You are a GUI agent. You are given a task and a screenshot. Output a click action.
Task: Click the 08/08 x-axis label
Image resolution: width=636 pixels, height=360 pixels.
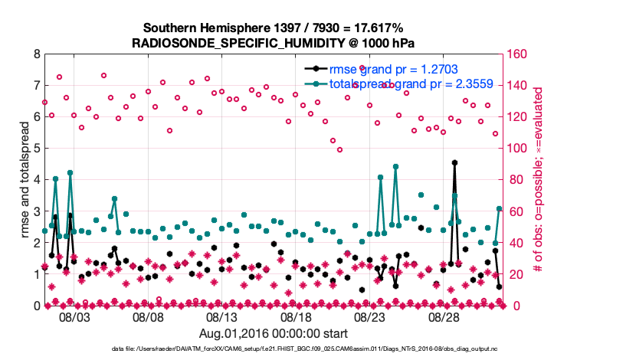pos(148,316)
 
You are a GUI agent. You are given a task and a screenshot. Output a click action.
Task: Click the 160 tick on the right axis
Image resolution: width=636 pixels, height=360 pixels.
pos(516,54)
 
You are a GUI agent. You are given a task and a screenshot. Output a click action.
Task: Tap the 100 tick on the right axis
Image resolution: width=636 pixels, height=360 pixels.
pos(516,149)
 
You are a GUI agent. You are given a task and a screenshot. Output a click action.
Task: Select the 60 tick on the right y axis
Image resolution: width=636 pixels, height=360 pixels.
pos(513,211)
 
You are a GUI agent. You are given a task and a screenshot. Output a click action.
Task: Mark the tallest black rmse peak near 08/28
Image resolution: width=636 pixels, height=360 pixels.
pos(454,162)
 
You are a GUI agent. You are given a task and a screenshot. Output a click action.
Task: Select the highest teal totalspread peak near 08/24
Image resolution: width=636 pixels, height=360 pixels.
pos(395,166)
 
